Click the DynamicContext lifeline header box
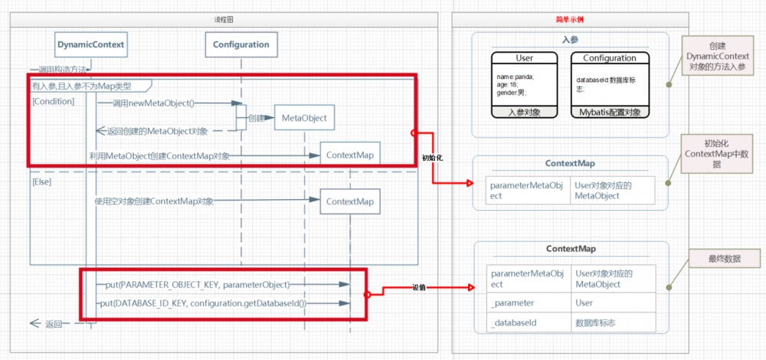click(90, 44)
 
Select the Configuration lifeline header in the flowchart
click(241, 44)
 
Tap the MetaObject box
click(304, 118)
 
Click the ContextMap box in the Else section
click(349, 201)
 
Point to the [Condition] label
click(54, 101)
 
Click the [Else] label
click(42, 184)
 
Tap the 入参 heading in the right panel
click(570, 39)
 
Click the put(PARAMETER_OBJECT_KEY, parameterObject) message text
click(198, 285)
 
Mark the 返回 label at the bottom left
click(53, 324)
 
